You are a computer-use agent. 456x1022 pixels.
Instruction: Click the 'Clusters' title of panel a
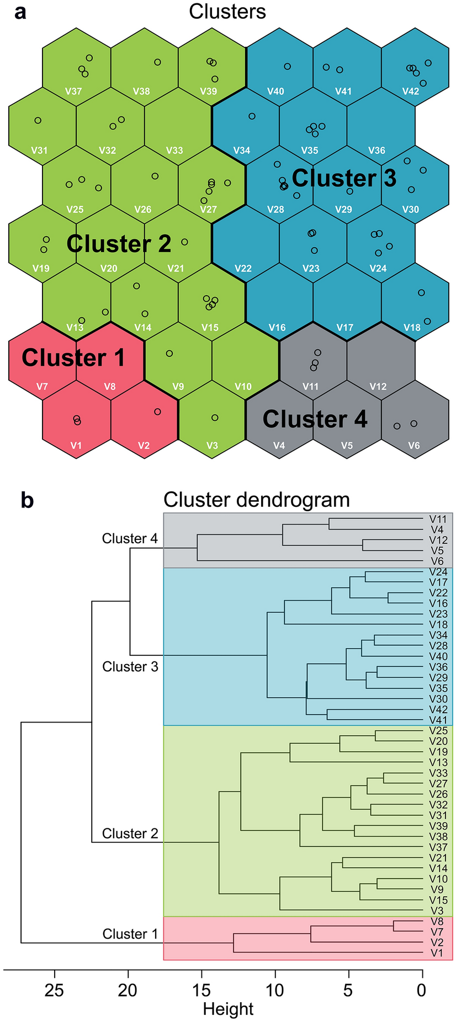coord(227,12)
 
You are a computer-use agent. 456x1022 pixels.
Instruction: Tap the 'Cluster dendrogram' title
coord(257,500)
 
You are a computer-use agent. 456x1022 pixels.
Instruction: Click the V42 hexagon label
coord(410,92)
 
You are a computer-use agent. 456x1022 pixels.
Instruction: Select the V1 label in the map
coord(76,446)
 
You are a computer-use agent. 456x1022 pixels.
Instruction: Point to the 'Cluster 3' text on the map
coord(343,178)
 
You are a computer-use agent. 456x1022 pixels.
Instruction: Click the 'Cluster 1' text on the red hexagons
coord(73,357)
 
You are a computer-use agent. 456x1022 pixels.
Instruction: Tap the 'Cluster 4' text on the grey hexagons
coord(315,419)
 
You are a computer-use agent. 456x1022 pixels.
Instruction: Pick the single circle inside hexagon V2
coord(157,411)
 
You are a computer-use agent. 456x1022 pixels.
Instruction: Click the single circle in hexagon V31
coord(38,120)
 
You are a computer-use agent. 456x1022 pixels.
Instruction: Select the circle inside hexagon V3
coord(215,418)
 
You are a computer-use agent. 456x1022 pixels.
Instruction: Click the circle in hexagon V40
coord(287,66)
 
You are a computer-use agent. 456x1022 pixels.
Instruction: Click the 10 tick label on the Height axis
coord(275,991)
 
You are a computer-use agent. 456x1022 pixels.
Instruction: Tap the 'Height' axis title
coord(228,1009)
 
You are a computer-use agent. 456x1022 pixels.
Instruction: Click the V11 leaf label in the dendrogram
coord(438,519)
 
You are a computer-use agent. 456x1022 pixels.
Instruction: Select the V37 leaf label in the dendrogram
coord(438,847)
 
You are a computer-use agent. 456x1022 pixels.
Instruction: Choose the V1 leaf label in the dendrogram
coord(437,953)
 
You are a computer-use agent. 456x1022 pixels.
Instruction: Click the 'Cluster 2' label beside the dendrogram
coord(130,833)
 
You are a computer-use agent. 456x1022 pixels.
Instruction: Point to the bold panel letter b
coord(27,500)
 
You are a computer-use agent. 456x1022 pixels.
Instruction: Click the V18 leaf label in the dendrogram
coord(438,624)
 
